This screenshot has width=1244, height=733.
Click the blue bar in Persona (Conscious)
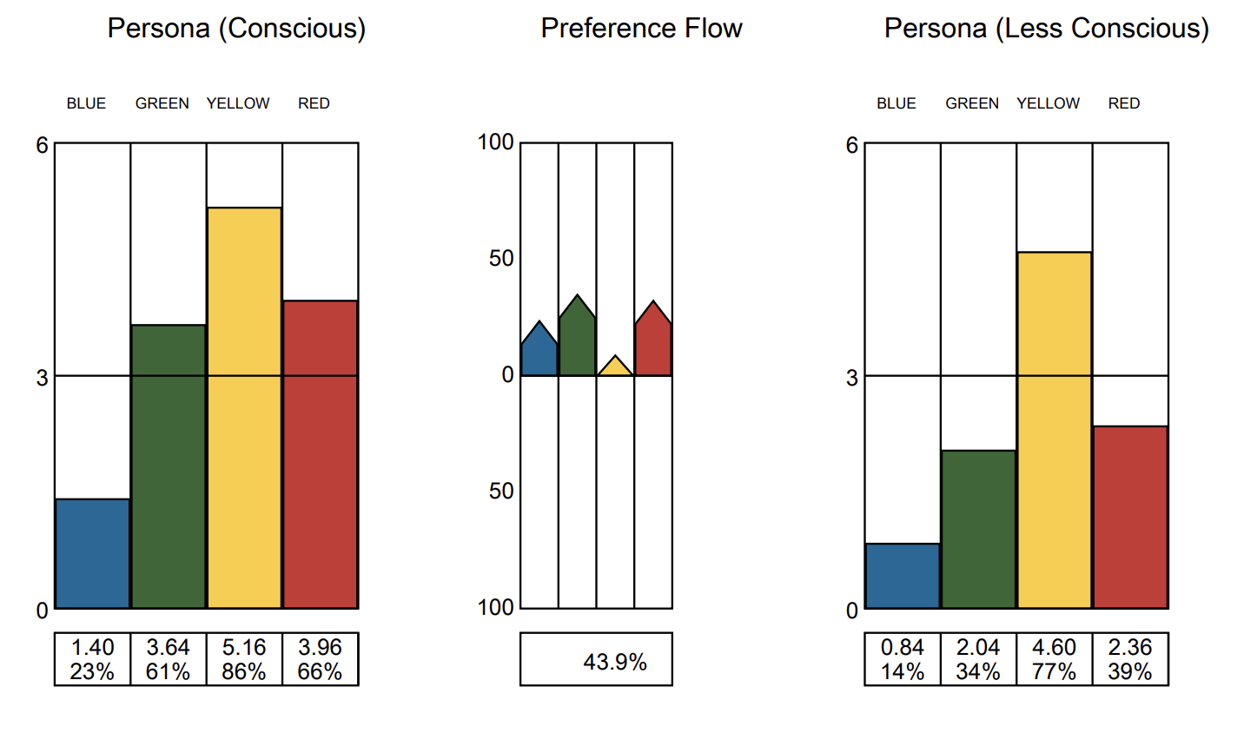tap(92, 553)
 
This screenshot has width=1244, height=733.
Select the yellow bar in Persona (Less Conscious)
tap(1054, 430)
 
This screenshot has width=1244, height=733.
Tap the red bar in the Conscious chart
tap(320, 454)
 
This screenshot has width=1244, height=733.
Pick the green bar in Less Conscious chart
tap(978, 529)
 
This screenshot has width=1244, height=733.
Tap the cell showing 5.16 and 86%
tap(244, 659)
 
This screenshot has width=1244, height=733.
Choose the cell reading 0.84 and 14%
tap(902, 659)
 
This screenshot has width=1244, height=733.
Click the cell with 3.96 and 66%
tap(320, 659)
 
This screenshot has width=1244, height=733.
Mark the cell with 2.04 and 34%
tap(978, 659)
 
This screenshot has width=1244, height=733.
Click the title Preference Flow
tap(641, 29)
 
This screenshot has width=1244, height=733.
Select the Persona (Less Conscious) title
tap(1046, 29)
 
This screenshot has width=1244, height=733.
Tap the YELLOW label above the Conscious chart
tap(238, 103)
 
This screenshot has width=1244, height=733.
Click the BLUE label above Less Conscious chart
tap(896, 103)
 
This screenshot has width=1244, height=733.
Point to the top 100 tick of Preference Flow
tap(496, 142)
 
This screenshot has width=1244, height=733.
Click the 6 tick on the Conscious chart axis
tap(42, 145)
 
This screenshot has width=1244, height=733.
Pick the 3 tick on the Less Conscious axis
tap(851, 378)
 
